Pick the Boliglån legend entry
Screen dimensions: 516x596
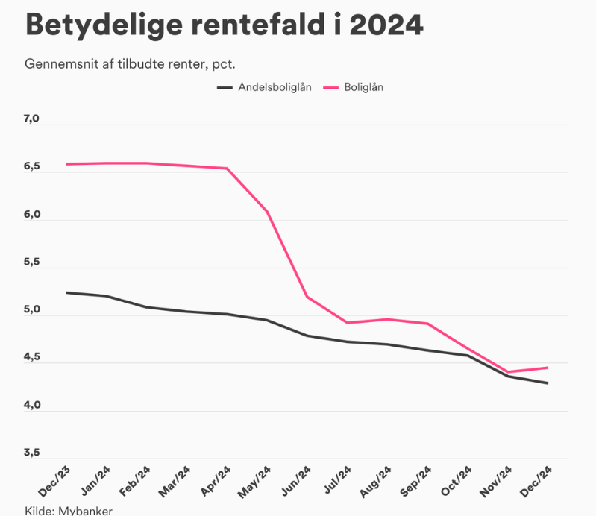click(364, 87)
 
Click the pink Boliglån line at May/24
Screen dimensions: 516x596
click(268, 212)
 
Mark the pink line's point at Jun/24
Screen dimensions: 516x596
click(308, 297)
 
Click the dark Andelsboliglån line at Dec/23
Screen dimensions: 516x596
click(67, 292)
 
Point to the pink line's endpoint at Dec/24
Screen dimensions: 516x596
click(548, 367)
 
